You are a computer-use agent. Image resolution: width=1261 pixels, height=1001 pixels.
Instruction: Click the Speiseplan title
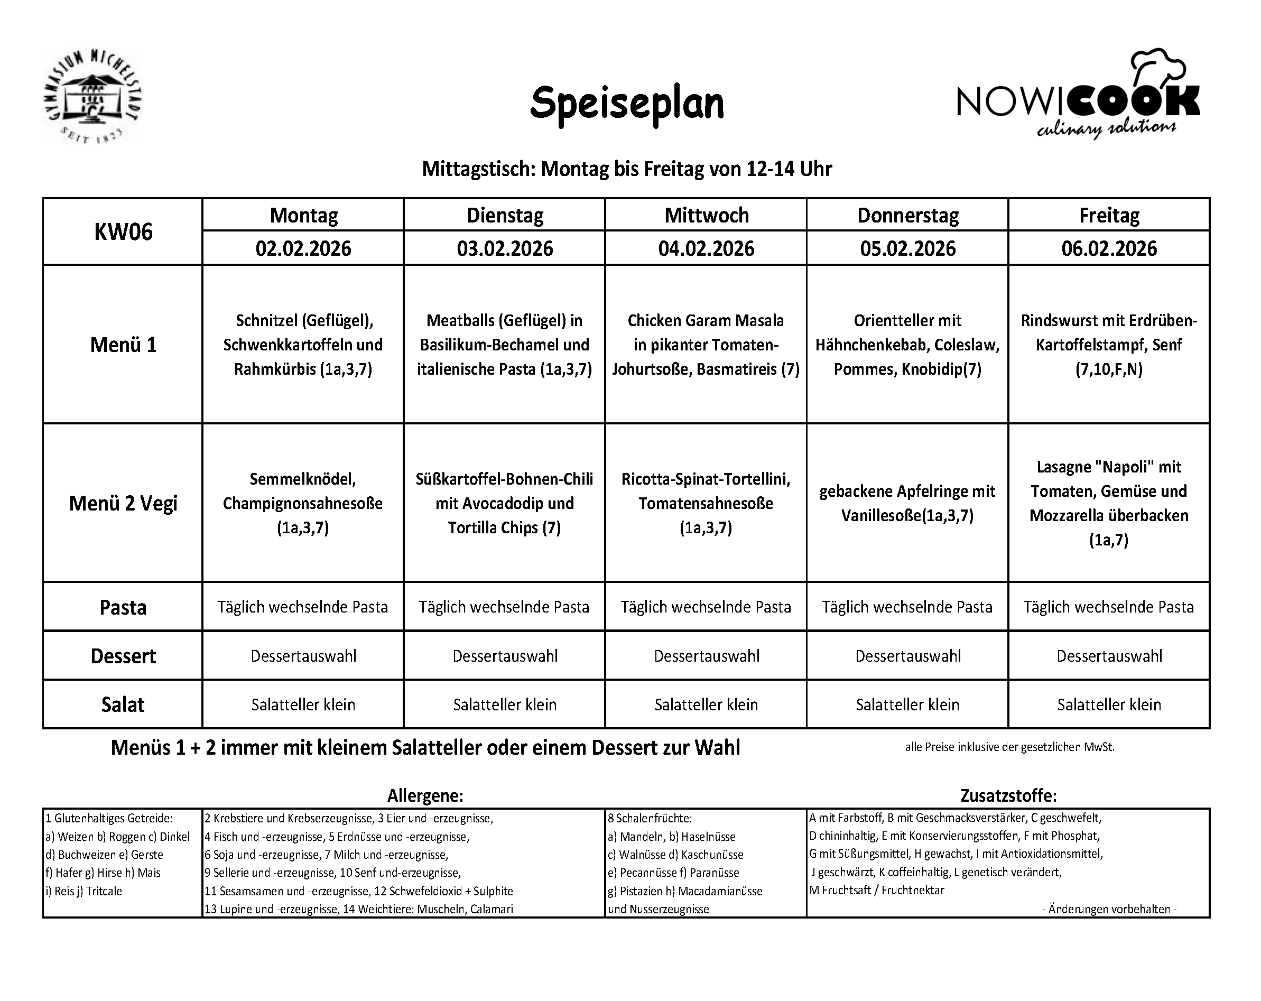[626, 104]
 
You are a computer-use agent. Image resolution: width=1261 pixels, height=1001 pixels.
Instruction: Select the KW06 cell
[123, 231]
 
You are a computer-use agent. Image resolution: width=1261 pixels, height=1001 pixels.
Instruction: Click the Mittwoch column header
[706, 215]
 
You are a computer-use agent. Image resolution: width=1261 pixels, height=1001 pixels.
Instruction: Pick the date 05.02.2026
[907, 248]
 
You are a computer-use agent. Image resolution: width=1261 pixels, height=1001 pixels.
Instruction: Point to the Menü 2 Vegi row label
[123, 503]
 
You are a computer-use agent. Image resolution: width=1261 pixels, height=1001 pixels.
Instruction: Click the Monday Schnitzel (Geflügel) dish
[303, 345]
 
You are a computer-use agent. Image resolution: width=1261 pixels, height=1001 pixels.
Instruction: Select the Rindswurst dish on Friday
[1108, 345]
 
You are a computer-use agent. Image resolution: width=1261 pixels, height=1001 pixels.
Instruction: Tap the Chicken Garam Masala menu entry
[706, 345]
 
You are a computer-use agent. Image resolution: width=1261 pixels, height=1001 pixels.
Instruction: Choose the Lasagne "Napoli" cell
[1108, 503]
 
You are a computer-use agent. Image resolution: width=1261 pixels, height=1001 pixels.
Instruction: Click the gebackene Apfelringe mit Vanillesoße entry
[907, 503]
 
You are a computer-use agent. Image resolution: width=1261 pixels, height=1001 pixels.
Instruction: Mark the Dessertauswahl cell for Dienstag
[505, 656]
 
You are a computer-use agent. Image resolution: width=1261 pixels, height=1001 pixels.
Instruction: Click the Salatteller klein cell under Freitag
[1108, 705]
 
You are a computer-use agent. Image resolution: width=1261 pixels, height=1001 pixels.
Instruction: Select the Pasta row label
[123, 607]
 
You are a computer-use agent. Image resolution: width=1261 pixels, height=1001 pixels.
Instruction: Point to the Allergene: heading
[425, 795]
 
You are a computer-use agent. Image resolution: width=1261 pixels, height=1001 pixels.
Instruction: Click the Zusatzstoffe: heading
[1008, 795]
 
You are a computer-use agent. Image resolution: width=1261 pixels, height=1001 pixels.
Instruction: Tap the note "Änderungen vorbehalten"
[1109, 909]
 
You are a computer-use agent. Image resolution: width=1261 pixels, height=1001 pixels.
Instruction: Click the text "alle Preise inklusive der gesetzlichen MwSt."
[1009, 747]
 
